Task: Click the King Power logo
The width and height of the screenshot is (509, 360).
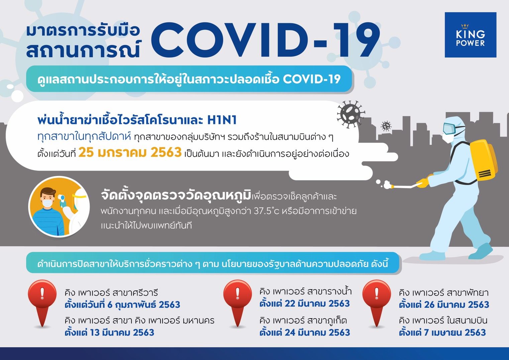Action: click(x=470, y=35)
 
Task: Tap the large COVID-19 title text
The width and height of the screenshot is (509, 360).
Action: click(x=266, y=40)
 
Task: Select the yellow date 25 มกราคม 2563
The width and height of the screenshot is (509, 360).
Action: click(x=130, y=152)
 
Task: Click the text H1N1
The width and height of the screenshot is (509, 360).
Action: click(x=222, y=120)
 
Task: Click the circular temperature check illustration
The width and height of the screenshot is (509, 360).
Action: click(x=59, y=207)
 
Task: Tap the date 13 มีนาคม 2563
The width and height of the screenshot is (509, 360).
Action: click(x=122, y=333)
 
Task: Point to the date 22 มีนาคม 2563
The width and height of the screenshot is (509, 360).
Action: click(x=317, y=304)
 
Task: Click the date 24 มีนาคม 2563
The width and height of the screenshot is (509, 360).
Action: click(x=317, y=333)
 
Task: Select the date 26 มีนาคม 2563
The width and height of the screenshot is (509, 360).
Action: click(x=456, y=304)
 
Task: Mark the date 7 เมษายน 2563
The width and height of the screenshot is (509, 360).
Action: click(x=455, y=333)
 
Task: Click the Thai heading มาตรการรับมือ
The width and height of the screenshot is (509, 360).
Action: click(x=83, y=31)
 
